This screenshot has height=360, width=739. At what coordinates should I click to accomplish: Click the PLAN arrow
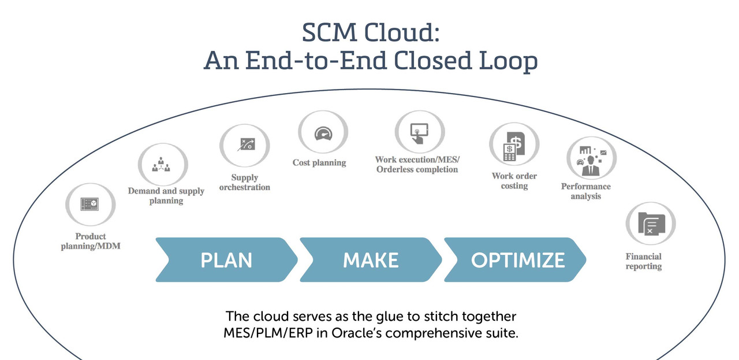[227, 259]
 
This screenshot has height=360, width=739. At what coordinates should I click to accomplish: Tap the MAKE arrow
[371, 259]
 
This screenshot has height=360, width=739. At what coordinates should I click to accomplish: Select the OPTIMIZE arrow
[515, 259]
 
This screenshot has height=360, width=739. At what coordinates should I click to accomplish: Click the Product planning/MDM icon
[90, 204]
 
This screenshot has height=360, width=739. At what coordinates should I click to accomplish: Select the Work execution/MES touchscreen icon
[420, 132]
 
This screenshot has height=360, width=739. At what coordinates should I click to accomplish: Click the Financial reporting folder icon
[651, 223]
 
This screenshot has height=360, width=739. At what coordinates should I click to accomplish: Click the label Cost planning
[319, 162]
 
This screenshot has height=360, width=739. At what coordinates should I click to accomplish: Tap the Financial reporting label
[644, 261]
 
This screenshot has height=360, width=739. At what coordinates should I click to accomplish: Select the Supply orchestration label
[244, 183]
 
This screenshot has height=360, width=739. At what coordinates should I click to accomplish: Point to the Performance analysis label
[586, 191]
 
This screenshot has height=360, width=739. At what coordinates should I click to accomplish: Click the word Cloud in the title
[402, 32]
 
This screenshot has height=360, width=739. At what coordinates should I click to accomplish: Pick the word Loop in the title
[508, 61]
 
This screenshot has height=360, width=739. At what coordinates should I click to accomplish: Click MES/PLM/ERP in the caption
[268, 333]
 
